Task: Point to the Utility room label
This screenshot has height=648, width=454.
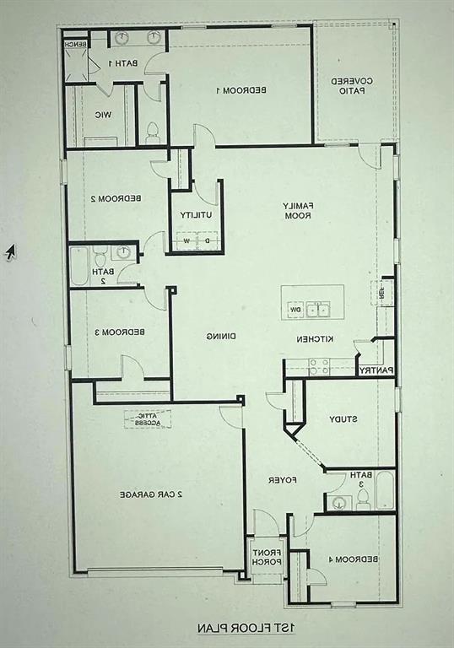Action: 195,215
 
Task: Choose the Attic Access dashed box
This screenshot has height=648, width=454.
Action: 148,418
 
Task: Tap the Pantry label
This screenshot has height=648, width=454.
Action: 375,370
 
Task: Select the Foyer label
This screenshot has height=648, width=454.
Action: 280,480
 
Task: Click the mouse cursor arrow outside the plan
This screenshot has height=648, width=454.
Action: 10,251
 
